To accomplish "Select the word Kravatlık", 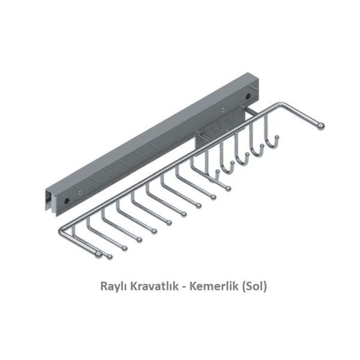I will pos(155,286).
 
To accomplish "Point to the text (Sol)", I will pos(252,286).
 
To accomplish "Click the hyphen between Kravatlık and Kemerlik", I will pos(182,287).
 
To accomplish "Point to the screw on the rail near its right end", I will pos(223,109).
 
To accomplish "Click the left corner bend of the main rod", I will pos(62,229).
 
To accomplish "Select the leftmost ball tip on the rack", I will pos(99,255).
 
